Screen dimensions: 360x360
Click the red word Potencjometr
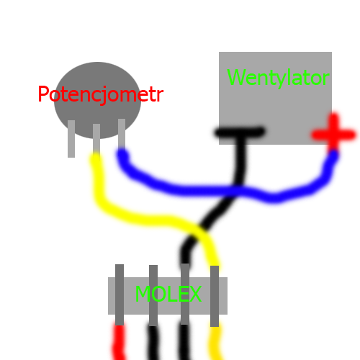(x=101, y=94)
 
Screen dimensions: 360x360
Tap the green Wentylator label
(x=278, y=77)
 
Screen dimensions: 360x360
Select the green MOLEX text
(x=168, y=294)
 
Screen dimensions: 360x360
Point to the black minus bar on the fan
(x=240, y=132)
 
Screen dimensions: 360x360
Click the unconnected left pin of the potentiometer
(x=71, y=139)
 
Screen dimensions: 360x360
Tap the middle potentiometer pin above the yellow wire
(x=96, y=138)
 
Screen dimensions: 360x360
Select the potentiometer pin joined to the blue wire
(x=122, y=134)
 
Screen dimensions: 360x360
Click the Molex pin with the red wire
(x=120, y=295)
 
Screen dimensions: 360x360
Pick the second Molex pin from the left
(x=153, y=295)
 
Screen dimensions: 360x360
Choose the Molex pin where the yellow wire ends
(x=215, y=296)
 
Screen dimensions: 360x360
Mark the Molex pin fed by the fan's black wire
(x=185, y=294)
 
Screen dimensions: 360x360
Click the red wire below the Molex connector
(x=119, y=342)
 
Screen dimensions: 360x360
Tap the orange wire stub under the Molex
(x=216, y=343)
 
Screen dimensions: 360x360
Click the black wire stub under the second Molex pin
(x=153, y=343)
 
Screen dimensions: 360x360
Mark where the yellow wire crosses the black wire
(x=199, y=233)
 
